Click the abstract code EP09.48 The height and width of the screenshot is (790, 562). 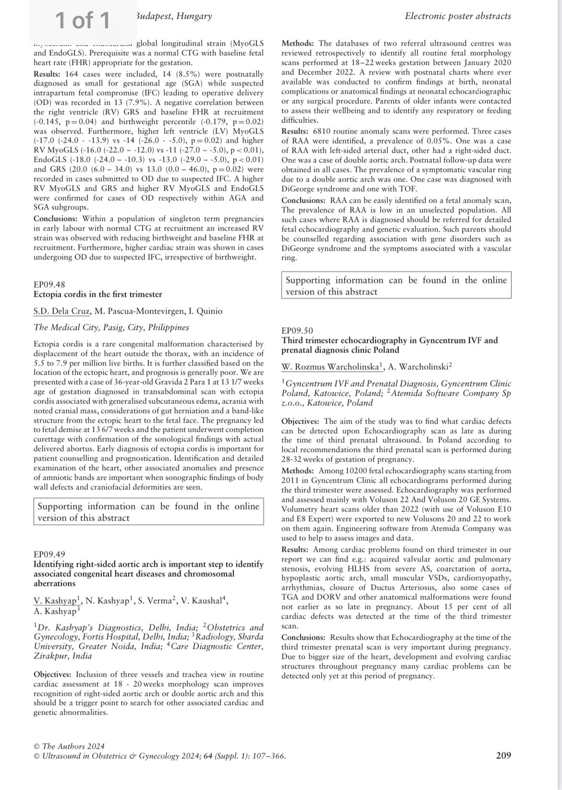(x=49, y=284)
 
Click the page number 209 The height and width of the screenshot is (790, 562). (x=503, y=755)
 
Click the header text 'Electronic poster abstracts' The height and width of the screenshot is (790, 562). (x=458, y=16)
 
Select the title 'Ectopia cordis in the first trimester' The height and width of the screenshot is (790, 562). (x=98, y=294)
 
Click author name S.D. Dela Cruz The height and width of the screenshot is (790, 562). (x=61, y=311)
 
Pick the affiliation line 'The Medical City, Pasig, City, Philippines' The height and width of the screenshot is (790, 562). (x=111, y=328)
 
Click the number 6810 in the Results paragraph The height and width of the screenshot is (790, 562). (x=322, y=131)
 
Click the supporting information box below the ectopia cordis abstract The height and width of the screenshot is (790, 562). (x=148, y=512)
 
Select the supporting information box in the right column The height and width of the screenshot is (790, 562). (x=396, y=286)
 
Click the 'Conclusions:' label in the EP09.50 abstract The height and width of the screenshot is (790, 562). (x=304, y=637)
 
